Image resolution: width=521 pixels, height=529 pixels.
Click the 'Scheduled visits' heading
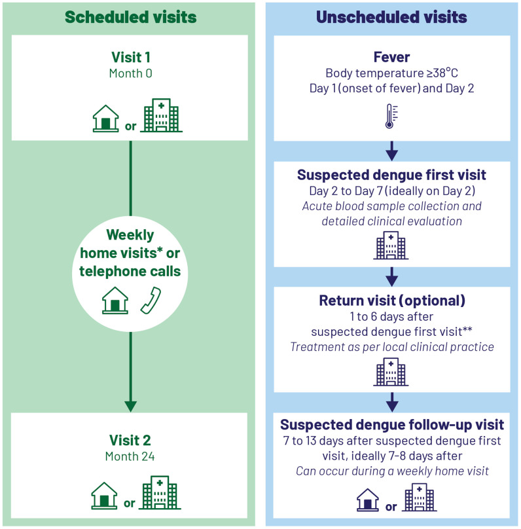[131, 17]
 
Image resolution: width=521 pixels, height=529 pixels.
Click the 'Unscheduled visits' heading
[391, 17]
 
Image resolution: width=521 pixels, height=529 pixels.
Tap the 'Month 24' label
[131, 453]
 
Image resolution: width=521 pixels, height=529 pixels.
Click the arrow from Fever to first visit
[391, 153]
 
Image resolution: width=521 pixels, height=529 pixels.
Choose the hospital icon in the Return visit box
[391, 372]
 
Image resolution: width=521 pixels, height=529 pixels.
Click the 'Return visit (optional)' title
[391, 301]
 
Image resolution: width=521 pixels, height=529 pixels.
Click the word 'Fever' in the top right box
[391, 58]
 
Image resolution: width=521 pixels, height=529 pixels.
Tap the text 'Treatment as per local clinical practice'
[391, 346]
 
